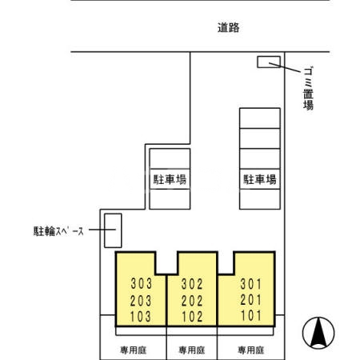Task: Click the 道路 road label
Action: [228, 28]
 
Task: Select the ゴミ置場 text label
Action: [308, 88]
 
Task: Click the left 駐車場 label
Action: [170, 180]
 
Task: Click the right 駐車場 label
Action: [260, 180]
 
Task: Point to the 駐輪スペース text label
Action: [58, 231]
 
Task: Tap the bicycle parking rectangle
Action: [114, 230]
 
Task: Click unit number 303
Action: [141, 284]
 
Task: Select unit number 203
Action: [141, 300]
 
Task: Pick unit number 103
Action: [141, 316]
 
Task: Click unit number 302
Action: [193, 284]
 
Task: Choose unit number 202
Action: [193, 300]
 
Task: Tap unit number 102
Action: [193, 316]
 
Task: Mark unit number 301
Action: [250, 283]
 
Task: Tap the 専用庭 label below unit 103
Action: [132, 350]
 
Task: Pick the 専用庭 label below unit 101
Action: [250, 350]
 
